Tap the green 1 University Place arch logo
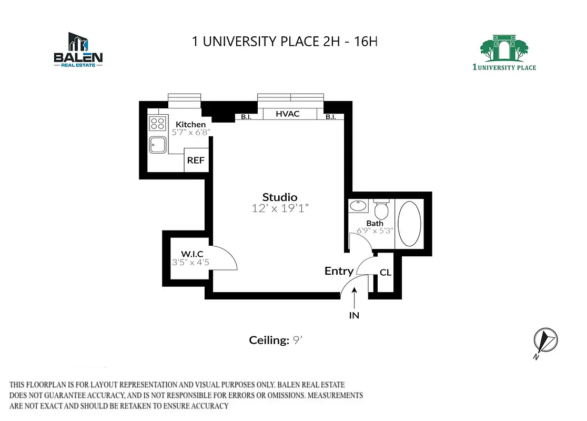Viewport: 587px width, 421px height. tap(504, 52)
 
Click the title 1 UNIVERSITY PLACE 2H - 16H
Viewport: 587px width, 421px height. tap(285, 42)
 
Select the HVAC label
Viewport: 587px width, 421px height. tap(287, 114)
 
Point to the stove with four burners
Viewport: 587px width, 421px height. tap(157, 124)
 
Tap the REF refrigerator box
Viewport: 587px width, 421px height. tap(196, 161)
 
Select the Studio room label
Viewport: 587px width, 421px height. tap(280, 197)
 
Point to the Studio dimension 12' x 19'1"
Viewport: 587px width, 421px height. tap(280, 208)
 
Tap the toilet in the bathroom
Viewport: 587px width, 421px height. tap(381, 209)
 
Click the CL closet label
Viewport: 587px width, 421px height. tap(386, 273)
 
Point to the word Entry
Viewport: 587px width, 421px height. tap(339, 271)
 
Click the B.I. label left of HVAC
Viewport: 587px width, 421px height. tap(246, 117)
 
